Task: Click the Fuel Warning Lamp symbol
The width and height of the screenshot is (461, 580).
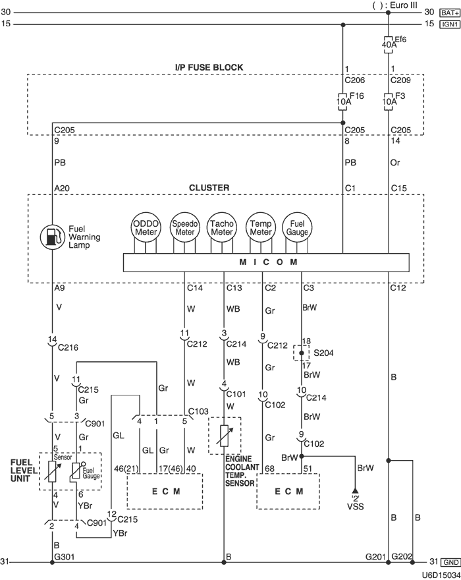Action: pos(52,236)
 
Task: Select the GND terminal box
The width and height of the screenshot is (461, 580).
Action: pos(450,562)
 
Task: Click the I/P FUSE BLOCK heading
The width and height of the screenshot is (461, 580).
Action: pos(209,67)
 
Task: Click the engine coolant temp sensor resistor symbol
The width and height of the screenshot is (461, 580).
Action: pos(225,436)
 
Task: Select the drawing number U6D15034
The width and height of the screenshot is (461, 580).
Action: pos(440,574)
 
